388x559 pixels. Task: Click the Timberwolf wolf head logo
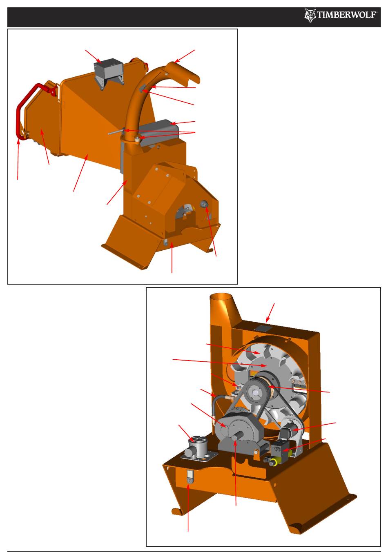pos(310,16)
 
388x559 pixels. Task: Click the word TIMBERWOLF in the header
pos(347,15)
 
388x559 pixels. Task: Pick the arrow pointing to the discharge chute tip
pos(185,56)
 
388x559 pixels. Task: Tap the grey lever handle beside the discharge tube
pos(116,132)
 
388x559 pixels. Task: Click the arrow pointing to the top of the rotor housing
pos(270,313)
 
